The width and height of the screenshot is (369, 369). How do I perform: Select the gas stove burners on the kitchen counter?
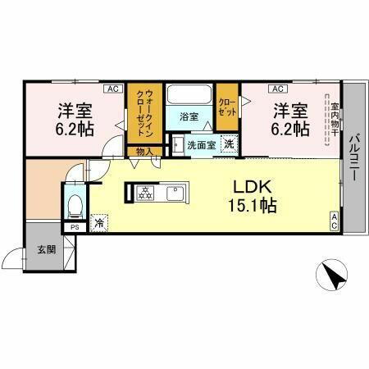pos(144,194)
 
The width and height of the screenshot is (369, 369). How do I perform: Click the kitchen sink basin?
pos(175,194)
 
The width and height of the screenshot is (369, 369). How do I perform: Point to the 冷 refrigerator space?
pos(98,221)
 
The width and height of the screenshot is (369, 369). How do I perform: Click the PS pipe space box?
pos(75,227)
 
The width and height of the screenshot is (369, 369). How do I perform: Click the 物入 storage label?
pos(144,151)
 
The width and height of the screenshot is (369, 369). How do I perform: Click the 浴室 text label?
pos(189,116)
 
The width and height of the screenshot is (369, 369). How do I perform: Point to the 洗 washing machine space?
pos(230,144)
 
